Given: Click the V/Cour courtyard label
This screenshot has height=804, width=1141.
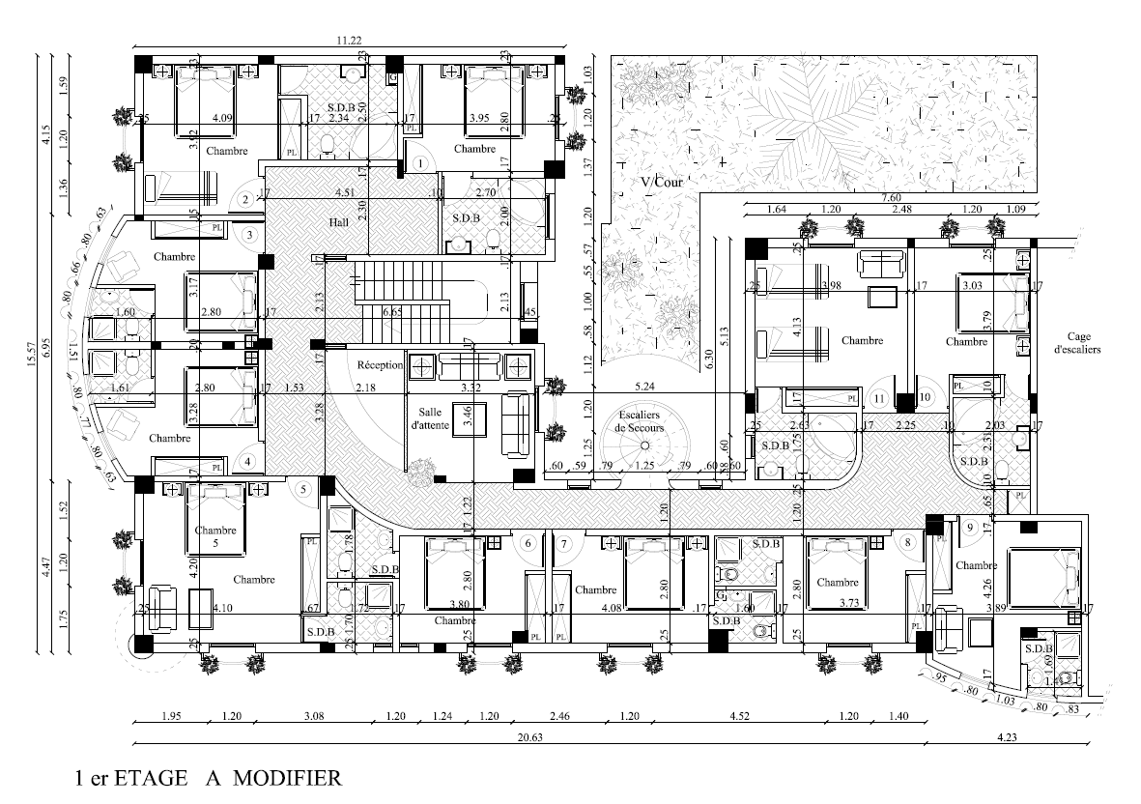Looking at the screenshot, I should [x=660, y=182].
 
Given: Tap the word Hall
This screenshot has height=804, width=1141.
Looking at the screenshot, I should [x=337, y=223].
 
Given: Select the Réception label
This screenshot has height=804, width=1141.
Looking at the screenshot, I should [x=380, y=365].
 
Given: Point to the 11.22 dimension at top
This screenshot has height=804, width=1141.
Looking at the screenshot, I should [x=349, y=41].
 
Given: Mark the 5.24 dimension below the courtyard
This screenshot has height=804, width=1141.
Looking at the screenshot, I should [x=644, y=388].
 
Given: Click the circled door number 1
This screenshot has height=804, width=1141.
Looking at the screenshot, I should [x=421, y=163].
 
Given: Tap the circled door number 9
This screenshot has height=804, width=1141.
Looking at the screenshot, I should [x=969, y=527].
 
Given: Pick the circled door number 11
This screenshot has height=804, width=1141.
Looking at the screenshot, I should [x=879, y=397].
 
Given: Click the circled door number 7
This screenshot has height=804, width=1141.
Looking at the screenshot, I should [x=563, y=543].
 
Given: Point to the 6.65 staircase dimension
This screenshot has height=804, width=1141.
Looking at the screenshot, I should [x=391, y=313].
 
